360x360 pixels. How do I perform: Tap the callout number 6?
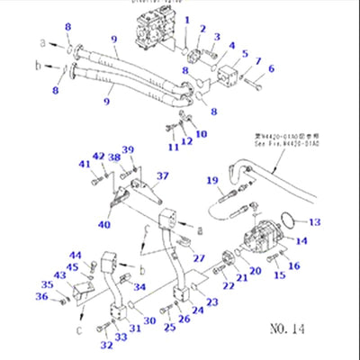(272, 68)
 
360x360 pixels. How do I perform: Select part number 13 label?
(314, 222)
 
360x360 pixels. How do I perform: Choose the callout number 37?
(162, 176)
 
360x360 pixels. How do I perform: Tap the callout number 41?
(84, 164)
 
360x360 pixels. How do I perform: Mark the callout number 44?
(76, 256)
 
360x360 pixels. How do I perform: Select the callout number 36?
(40, 296)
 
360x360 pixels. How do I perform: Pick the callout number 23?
(212, 303)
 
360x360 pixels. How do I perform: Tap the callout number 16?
(296, 266)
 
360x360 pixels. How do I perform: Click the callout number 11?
(173, 146)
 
